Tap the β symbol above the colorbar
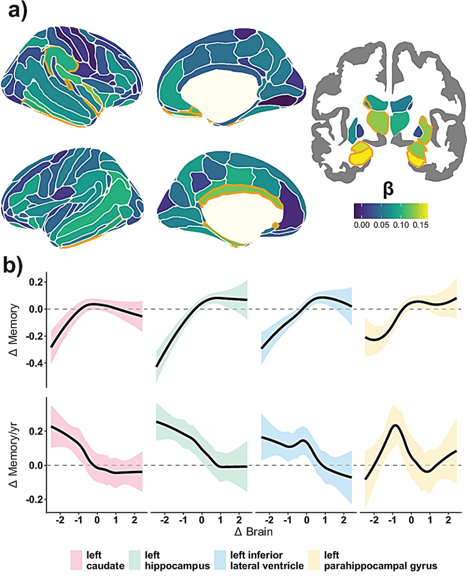point(388,190)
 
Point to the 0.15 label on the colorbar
point(420,225)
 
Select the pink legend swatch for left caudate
point(77,560)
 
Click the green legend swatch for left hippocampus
point(135,560)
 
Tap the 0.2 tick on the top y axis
point(36,282)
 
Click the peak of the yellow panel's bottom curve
point(396,425)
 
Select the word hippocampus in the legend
point(177,566)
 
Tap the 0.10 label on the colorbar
point(401,225)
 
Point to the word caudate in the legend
point(106,566)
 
